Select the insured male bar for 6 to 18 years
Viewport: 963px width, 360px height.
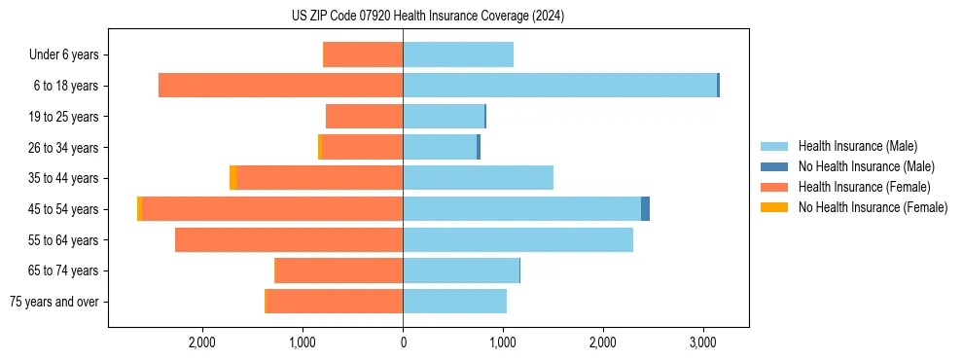[559, 86]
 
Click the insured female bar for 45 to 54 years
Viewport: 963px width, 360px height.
[272, 209]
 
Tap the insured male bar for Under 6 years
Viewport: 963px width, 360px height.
[458, 54]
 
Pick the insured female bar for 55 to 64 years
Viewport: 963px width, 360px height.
[289, 240]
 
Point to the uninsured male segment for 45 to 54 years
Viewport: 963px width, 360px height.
[645, 209]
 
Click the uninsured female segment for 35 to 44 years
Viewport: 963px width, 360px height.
[232, 178]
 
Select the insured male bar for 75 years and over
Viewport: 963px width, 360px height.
[454, 302]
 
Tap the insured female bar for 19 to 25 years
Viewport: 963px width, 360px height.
[364, 117]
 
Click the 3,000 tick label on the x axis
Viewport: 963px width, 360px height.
[703, 343]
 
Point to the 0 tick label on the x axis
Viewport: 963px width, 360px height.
[403, 343]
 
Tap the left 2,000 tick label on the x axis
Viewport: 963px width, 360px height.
[202, 343]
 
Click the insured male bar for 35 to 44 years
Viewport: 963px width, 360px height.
[478, 178]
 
